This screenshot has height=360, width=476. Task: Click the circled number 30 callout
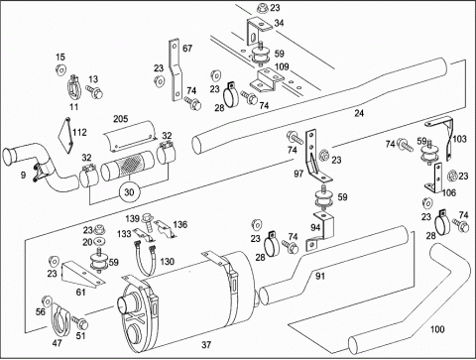click(129, 192)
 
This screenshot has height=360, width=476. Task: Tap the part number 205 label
click(121, 119)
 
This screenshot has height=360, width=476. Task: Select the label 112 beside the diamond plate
click(79, 132)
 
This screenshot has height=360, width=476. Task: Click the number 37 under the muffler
click(206, 345)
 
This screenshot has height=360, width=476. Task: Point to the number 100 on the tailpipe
click(437, 329)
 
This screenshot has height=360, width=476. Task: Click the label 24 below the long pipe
click(359, 113)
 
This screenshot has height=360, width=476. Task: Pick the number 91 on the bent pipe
click(320, 276)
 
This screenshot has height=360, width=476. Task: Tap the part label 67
click(187, 49)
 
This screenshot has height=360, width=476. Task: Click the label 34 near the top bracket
click(279, 23)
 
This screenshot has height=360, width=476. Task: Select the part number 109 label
click(282, 66)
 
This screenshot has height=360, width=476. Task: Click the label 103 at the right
click(459, 139)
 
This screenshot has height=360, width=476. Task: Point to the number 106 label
click(449, 192)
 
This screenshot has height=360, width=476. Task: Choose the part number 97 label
click(298, 174)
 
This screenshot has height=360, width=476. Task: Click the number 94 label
click(315, 227)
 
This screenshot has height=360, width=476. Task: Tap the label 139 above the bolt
click(132, 218)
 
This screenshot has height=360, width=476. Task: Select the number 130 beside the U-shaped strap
click(167, 262)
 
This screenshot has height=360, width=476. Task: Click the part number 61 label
click(80, 293)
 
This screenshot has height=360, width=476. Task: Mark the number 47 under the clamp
click(57, 343)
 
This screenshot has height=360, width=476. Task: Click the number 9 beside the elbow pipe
click(23, 175)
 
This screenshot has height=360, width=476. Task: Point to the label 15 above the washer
click(60, 58)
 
